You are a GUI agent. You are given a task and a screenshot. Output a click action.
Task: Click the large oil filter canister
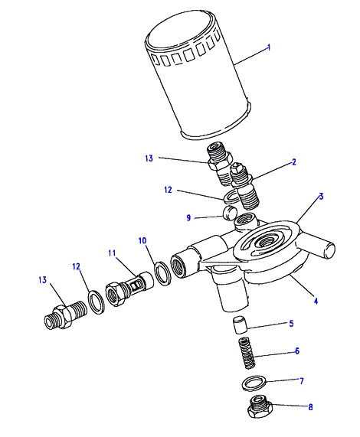click(x=198, y=74)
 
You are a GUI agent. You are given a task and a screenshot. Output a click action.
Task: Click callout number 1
click(x=269, y=47)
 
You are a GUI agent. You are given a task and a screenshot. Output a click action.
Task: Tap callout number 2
click(x=294, y=162)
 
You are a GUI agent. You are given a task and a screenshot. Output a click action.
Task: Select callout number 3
click(x=321, y=197)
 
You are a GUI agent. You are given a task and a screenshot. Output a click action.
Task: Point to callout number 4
click(x=316, y=301)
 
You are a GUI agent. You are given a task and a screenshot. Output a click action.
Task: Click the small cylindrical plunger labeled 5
click(x=239, y=325)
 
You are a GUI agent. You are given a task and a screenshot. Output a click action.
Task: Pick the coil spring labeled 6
click(x=247, y=353)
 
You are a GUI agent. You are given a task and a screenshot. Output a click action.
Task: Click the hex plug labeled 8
click(x=260, y=407)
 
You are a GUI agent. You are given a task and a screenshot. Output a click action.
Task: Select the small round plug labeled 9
click(x=230, y=214)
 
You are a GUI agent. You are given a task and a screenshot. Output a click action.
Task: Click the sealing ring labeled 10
click(x=162, y=274)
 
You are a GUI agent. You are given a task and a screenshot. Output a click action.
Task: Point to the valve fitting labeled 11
click(x=129, y=289)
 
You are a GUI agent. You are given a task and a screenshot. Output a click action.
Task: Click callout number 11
click(x=112, y=253)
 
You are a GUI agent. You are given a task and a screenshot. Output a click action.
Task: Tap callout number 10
click(x=142, y=240)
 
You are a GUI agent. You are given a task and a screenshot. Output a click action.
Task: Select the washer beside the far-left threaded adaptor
click(x=97, y=302)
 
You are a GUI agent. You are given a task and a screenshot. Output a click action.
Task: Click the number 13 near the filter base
click(x=149, y=158)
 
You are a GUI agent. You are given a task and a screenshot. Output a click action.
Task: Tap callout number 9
click(x=188, y=217)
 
